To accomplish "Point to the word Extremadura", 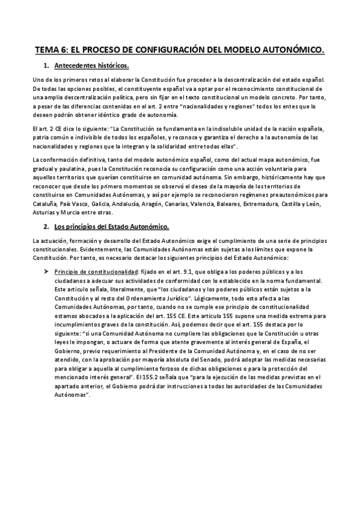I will pos(261,204).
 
